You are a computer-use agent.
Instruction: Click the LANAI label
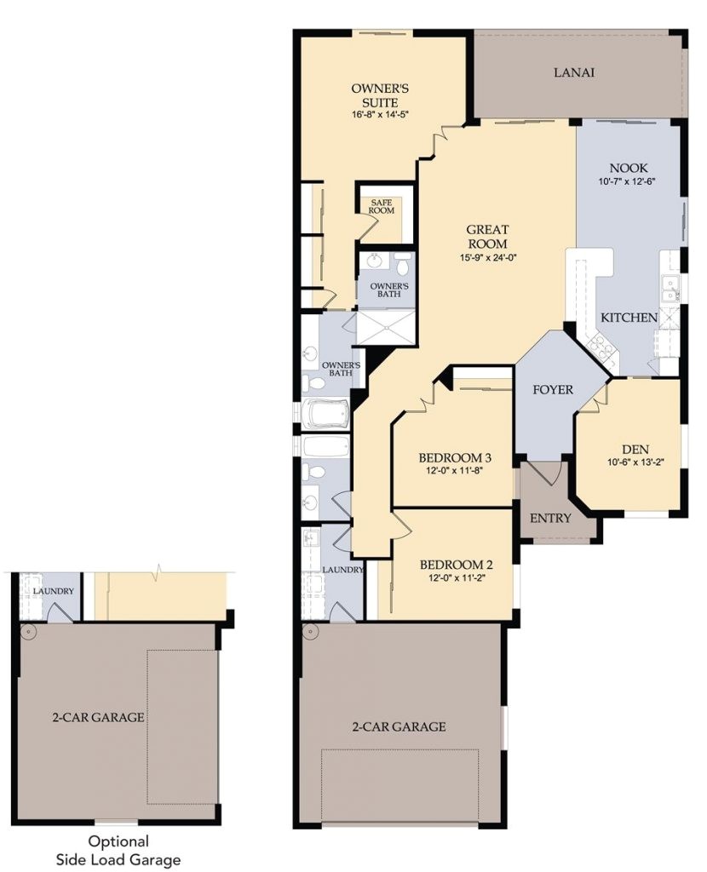pyautogui.click(x=573, y=72)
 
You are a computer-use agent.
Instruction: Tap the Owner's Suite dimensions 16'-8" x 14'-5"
pyautogui.click(x=382, y=114)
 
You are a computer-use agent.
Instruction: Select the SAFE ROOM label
pyautogui.click(x=382, y=206)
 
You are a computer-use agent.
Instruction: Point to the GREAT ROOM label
pyautogui.click(x=487, y=237)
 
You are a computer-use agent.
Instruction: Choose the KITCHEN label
pyautogui.click(x=629, y=318)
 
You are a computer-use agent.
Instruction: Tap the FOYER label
pyautogui.click(x=552, y=390)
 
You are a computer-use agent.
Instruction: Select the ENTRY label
pyautogui.click(x=550, y=518)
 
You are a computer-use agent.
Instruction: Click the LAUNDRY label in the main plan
pyautogui.click(x=343, y=570)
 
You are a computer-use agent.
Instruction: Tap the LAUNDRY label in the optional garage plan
pyautogui.click(x=53, y=592)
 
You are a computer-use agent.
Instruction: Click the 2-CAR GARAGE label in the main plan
pyautogui.click(x=399, y=726)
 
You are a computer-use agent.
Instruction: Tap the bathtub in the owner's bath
pyautogui.click(x=326, y=416)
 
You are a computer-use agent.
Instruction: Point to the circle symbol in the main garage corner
pyautogui.click(x=311, y=634)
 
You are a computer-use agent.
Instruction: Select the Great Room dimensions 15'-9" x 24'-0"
pyautogui.click(x=487, y=257)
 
